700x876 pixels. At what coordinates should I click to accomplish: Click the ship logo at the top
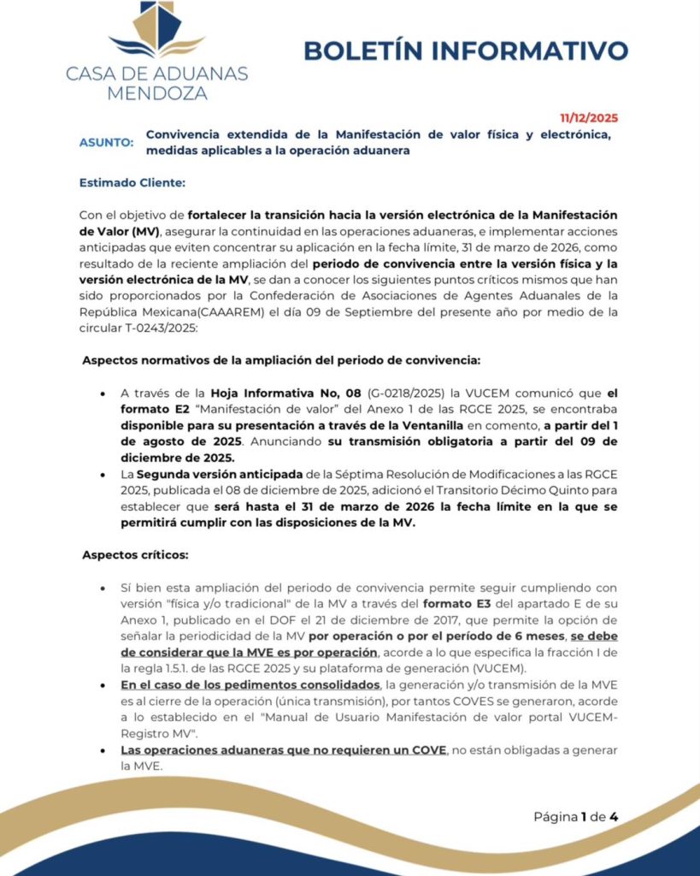pyautogui.click(x=157, y=30)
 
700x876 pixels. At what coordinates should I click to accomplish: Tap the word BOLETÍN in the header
pyautogui.click(x=364, y=50)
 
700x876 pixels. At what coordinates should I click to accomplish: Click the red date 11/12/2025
pyautogui.click(x=589, y=118)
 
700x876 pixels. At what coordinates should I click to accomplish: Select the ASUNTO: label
pyautogui.click(x=106, y=142)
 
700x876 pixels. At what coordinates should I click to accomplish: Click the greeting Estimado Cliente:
pyautogui.click(x=132, y=182)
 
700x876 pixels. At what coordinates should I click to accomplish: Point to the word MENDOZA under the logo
pyautogui.click(x=157, y=92)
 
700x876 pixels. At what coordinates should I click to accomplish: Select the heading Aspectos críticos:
pyautogui.click(x=135, y=554)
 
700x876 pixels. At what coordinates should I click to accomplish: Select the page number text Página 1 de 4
pyautogui.click(x=575, y=816)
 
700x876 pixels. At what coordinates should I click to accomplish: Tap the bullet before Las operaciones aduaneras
pyautogui.click(x=103, y=750)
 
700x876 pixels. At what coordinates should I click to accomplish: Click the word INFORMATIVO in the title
pyautogui.click(x=531, y=50)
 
